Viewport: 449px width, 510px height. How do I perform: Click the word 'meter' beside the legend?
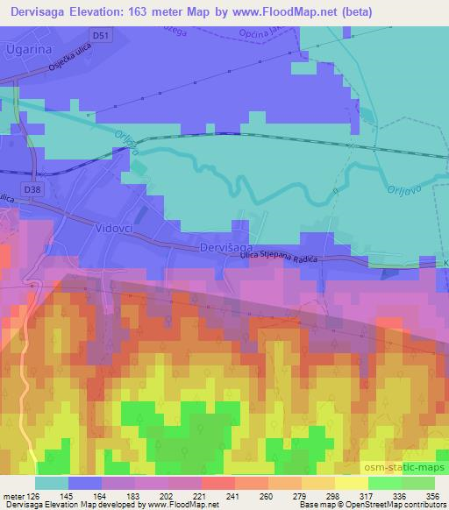[x=12, y=495]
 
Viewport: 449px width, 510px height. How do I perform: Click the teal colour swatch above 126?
[x=52, y=483]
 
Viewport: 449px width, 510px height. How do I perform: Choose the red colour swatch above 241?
[x=218, y=483]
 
